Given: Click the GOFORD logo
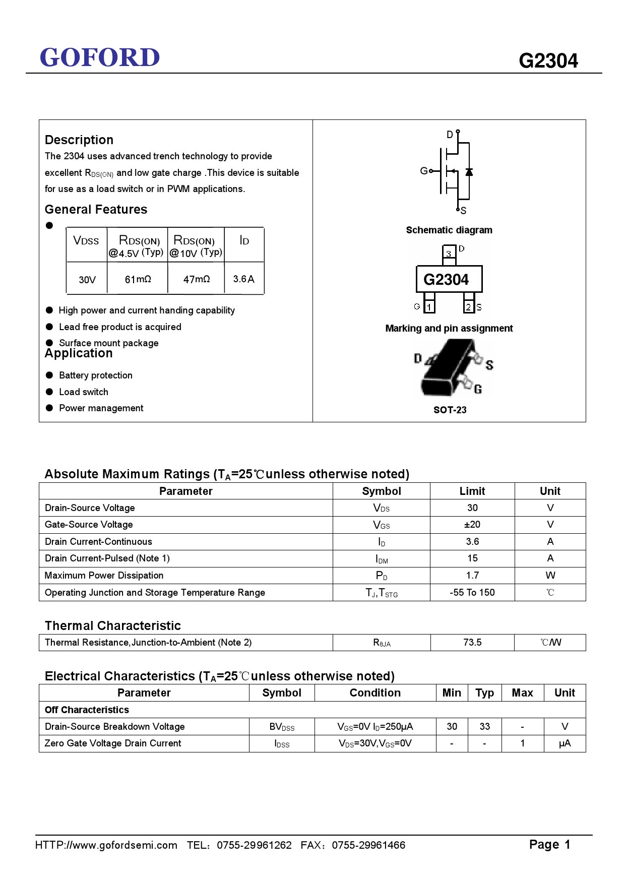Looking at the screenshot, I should pyautogui.click(x=100, y=57).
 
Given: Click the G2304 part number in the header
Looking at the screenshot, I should pyautogui.click(x=548, y=61).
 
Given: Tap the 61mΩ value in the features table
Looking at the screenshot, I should pyautogui.click(x=138, y=279).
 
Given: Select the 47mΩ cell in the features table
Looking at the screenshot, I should pyautogui.click(x=196, y=279).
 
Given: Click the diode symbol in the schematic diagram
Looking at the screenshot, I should pyautogui.click(x=469, y=172).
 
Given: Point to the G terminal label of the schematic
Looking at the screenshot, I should pyautogui.click(x=423, y=171).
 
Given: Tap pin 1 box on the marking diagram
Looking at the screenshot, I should pyautogui.click(x=429, y=306).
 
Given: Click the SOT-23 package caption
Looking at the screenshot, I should pyautogui.click(x=450, y=410).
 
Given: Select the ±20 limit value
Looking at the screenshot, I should pyautogui.click(x=472, y=525).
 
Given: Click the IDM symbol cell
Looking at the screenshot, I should pyautogui.click(x=382, y=558).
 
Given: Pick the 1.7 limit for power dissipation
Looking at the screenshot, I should pyautogui.click(x=472, y=576).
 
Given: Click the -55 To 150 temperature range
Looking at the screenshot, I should pyautogui.click(x=472, y=593).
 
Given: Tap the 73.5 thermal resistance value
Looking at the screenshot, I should pyautogui.click(x=472, y=643).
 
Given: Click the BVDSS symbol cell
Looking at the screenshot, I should pyautogui.click(x=282, y=727).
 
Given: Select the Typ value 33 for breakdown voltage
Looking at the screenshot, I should pyautogui.click(x=484, y=727).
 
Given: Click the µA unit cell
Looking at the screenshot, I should pyautogui.click(x=565, y=743).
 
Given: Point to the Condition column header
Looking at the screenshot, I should pyautogui.click(x=375, y=693).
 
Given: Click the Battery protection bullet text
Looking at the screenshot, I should pyautogui.click(x=96, y=375).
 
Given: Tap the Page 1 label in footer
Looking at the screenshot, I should pyautogui.click(x=549, y=845).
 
